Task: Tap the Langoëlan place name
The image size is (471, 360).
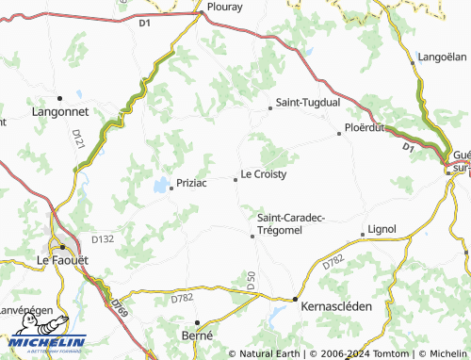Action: click(x=442, y=57)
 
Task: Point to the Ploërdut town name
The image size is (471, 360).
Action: click(x=366, y=126)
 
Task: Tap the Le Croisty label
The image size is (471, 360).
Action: click(x=264, y=174)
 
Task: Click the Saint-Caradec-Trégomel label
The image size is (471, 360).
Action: click(x=291, y=223)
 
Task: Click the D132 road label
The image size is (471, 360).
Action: click(x=103, y=239)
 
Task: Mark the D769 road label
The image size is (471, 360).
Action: click(x=118, y=303)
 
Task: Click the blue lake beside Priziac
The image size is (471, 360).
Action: click(x=161, y=184)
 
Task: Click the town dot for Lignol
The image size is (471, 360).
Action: click(x=363, y=234)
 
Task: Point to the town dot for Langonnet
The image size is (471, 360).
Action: click(x=59, y=97)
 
